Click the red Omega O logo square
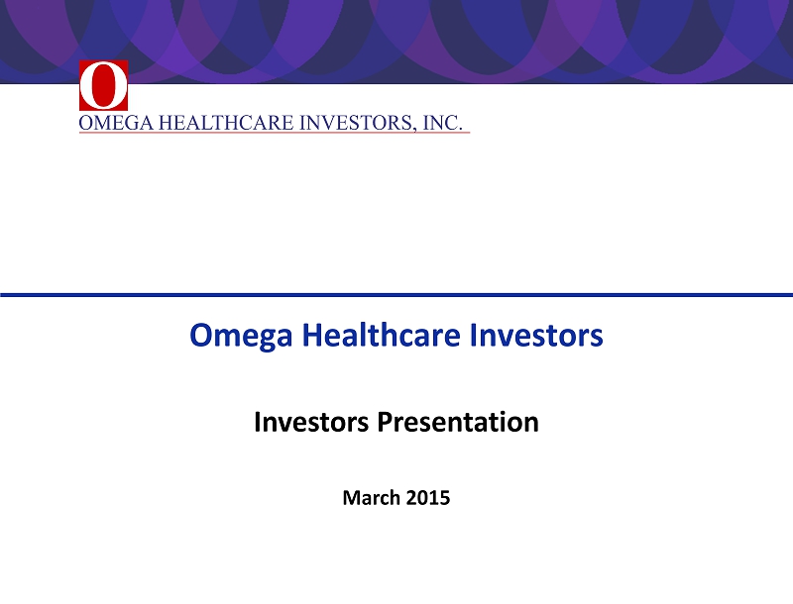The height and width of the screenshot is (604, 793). click(x=103, y=85)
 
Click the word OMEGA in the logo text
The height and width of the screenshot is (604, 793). click(x=116, y=123)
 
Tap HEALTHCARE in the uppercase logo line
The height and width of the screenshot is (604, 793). click(x=226, y=123)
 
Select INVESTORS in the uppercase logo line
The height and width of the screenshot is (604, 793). click(x=357, y=123)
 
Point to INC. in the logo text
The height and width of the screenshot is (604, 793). click(x=442, y=123)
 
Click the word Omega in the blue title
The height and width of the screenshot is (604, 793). click(x=241, y=336)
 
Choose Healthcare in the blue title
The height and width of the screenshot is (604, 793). click(x=382, y=335)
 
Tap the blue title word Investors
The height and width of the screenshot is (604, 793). click(x=536, y=335)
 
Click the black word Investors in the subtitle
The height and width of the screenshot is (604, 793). click(x=311, y=422)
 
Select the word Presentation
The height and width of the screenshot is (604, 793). click(x=458, y=422)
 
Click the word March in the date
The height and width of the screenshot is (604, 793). click(x=371, y=498)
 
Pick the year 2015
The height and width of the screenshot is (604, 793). click(x=428, y=498)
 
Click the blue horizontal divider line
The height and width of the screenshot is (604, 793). click(x=396, y=294)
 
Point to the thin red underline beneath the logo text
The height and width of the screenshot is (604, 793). click(x=275, y=133)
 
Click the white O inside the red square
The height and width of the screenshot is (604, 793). click(x=103, y=86)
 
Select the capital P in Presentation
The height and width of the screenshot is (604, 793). click(x=385, y=422)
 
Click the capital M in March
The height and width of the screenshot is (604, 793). click(x=352, y=498)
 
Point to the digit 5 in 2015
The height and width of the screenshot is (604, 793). click(x=444, y=498)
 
